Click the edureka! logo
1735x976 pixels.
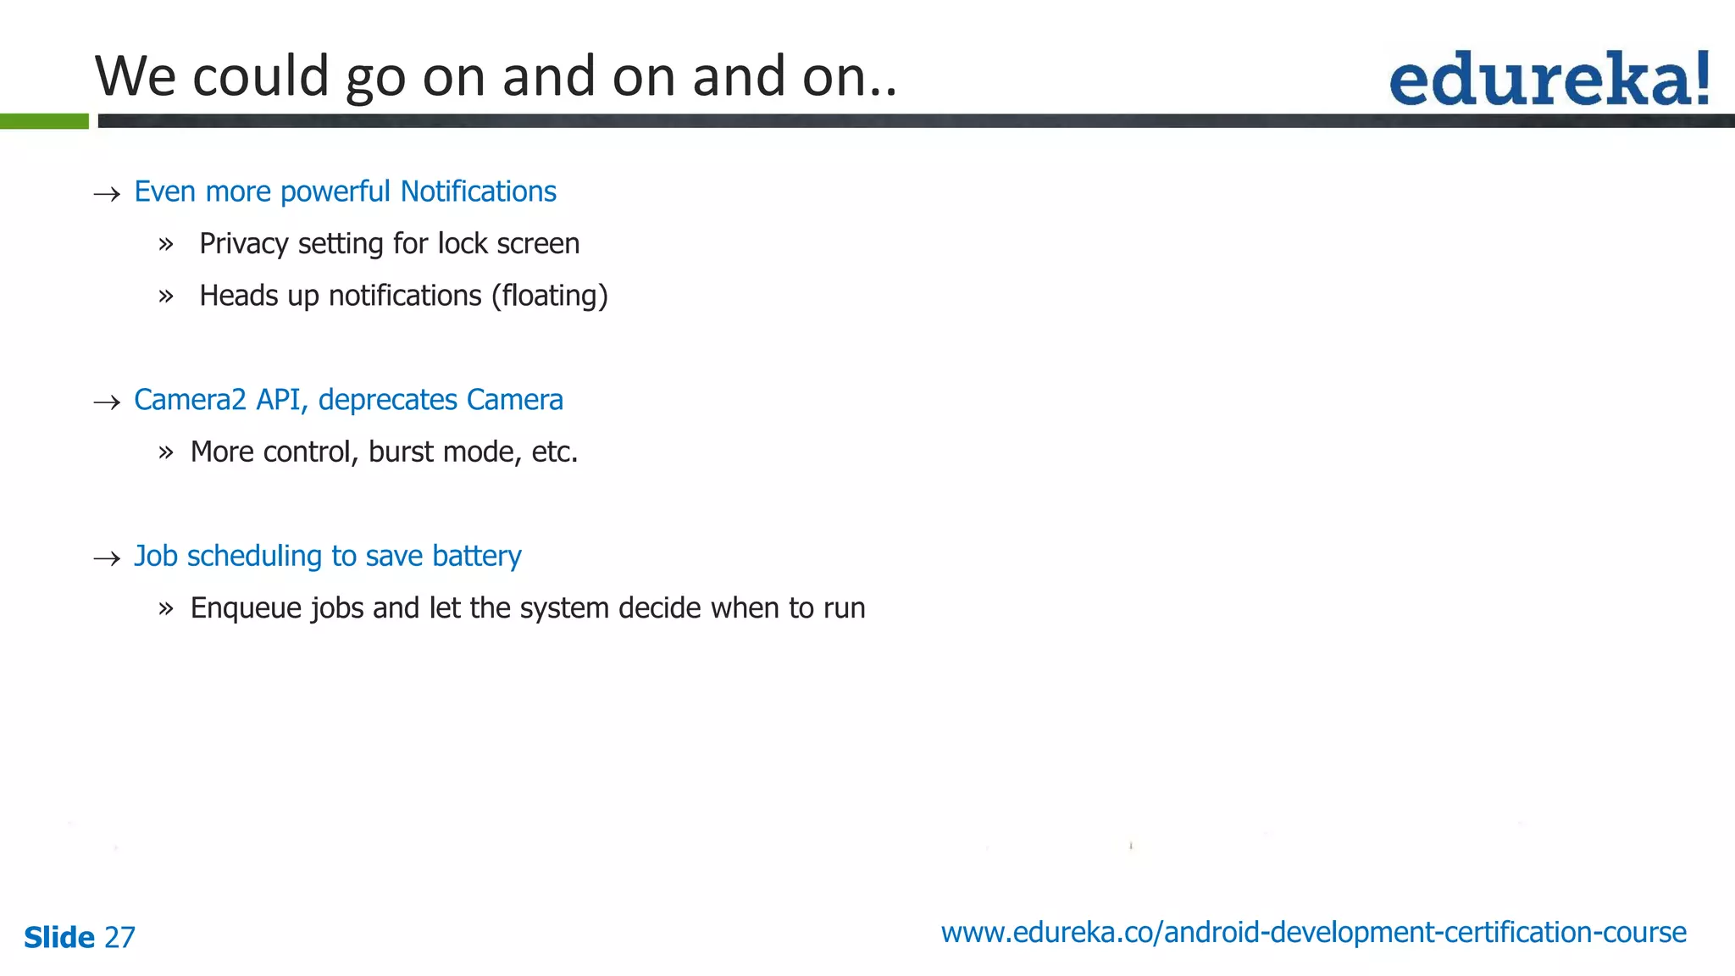click(1549, 79)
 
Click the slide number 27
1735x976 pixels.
click(119, 937)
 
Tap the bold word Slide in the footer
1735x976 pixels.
click(59, 937)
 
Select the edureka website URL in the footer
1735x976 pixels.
click(1313, 932)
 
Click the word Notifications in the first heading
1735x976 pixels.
click(478, 191)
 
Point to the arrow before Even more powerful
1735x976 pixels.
click(107, 194)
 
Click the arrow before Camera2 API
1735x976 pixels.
click(107, 402)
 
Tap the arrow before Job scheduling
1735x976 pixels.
click(107, 558)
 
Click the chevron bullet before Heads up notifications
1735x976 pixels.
click(166, 297)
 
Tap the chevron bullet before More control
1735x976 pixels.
click(166, 452)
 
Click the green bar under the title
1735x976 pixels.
click(44, 121)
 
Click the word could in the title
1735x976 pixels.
click(260, 76)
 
